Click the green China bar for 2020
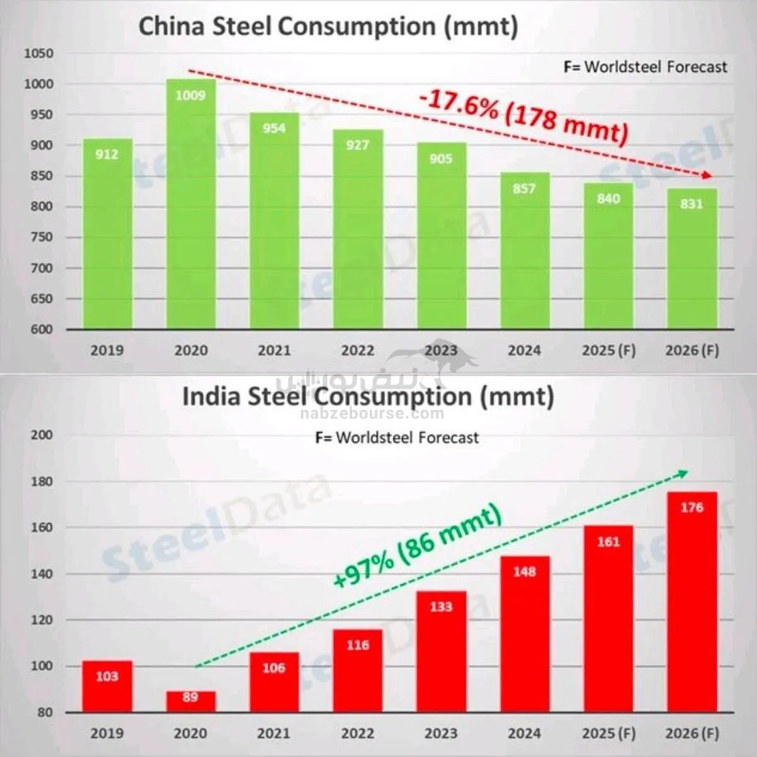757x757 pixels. point(191,208)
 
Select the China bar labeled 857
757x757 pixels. point(524,253)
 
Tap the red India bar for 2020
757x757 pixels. point(191,701)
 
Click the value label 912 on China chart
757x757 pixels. point(107,154)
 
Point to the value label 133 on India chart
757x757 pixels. point(441,607)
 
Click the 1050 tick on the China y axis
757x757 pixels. point(38,54)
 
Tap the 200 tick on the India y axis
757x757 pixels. point(42,435)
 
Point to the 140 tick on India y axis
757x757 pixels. point(42,574)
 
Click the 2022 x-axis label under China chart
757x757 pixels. point(358,350)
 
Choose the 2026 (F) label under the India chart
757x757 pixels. point(691,733)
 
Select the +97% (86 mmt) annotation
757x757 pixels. point(417,545)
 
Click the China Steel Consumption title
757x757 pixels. point(328,27)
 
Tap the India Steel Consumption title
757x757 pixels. point(368,396)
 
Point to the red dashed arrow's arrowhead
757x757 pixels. point(707,176)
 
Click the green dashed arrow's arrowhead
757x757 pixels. point(683,473)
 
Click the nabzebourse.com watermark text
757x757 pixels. point(372,414)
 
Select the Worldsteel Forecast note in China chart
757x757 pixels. point(645,67)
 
